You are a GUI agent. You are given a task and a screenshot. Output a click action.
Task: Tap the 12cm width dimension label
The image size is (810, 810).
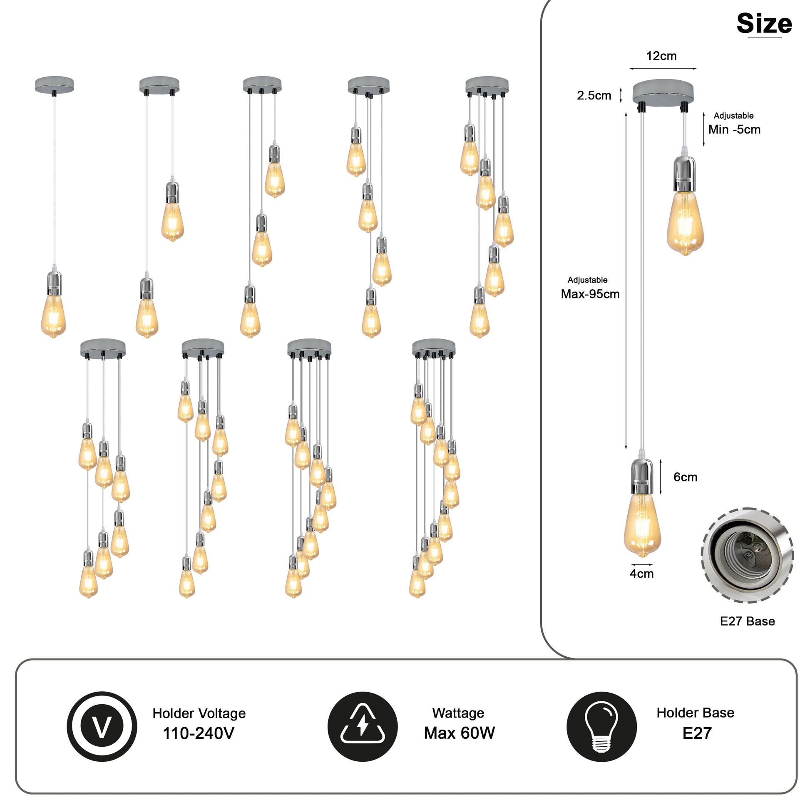(661, 56)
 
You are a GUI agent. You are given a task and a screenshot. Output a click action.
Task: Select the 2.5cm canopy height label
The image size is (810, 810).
(594, 96)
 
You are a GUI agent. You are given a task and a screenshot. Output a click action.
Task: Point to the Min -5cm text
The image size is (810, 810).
(734, 129)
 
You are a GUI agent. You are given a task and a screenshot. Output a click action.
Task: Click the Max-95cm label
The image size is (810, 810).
(590, 294)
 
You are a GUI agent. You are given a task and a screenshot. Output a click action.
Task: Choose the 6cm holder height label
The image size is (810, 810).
(685, 477)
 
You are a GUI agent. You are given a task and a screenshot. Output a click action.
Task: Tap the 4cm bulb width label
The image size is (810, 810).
(641, 574)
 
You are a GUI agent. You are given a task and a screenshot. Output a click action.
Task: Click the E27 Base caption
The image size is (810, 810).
(747, 621)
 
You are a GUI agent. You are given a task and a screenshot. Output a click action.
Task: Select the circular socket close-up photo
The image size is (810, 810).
(747, 555)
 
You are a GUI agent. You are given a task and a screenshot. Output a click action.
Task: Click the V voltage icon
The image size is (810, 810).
(102, 727)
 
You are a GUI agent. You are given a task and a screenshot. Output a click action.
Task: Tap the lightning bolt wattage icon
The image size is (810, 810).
(363, 727)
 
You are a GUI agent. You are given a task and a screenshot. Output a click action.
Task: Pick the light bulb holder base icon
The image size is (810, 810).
(601, 727)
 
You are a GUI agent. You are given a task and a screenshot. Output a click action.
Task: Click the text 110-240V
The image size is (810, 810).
(198, 733)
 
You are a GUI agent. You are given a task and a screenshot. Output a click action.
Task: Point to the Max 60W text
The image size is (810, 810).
(459, 733)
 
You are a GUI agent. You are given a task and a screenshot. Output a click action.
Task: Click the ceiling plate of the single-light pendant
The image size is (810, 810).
(54, 84)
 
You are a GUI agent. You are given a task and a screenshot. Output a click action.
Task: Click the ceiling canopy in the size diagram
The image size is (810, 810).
(663, 92)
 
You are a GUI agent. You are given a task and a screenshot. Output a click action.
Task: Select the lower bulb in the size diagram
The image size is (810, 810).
(642, 526)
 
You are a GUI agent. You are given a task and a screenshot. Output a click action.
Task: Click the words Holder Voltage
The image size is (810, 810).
(199, 713)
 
